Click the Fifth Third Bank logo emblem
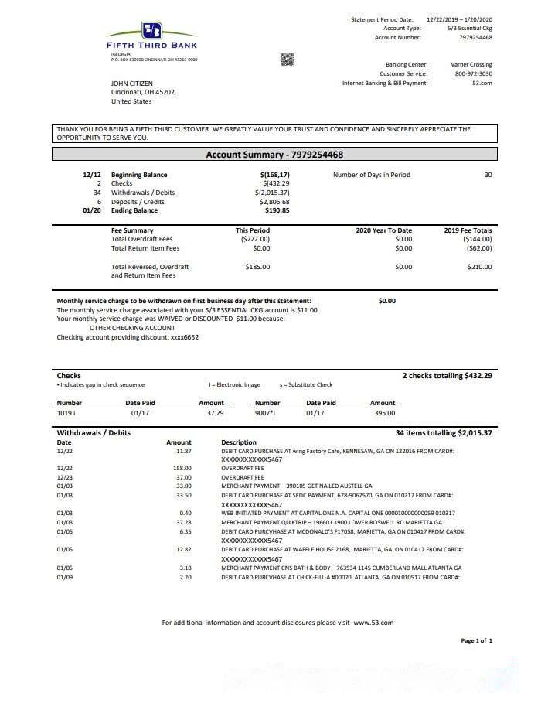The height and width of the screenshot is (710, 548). [151, 31]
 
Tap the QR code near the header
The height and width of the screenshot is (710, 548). [287, 60]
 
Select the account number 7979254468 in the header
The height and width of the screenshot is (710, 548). [475, 37]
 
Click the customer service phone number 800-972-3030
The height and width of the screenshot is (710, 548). [474, 74]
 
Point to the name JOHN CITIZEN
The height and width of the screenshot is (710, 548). [132, 83]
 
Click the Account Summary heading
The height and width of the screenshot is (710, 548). [274, 155]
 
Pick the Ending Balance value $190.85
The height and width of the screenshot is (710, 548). [277, 210]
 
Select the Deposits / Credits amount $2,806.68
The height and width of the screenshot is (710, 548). [275, 201]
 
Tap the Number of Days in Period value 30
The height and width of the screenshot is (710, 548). [488, 175]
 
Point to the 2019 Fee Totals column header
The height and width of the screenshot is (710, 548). [468, 230]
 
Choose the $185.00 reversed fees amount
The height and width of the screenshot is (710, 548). [257, 267]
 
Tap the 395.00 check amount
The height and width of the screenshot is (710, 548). [384, 413]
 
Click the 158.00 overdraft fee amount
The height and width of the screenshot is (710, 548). [182, 468]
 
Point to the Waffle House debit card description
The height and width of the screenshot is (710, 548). [340, 548]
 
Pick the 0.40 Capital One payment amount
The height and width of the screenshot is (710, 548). [186, 513]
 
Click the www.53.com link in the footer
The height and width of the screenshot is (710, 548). [373, 623]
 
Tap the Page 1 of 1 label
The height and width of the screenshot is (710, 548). [476, 640]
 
